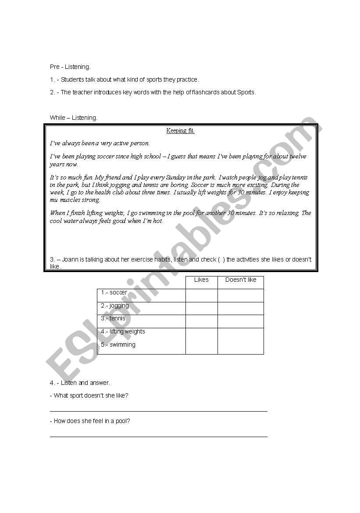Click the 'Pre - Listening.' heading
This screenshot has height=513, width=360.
70,67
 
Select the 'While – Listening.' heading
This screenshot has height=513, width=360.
73,118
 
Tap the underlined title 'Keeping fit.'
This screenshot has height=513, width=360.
180,130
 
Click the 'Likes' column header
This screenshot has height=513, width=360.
201,280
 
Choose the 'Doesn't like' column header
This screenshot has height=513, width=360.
241,280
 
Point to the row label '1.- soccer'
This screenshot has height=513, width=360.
114,292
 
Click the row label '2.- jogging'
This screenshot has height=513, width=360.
115,305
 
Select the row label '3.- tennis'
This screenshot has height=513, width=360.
113,318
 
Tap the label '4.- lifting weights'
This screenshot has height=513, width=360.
123,331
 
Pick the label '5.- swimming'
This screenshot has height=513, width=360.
118,344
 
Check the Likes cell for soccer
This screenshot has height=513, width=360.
201,295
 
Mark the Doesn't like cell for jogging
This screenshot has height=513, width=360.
241,308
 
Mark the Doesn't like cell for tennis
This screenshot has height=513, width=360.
241,321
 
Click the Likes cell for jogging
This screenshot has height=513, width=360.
201,308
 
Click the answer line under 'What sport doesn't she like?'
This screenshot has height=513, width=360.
158,411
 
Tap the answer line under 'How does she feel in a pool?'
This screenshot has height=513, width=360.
158,436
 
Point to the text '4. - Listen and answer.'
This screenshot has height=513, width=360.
80,383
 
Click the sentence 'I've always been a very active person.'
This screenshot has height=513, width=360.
100,143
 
